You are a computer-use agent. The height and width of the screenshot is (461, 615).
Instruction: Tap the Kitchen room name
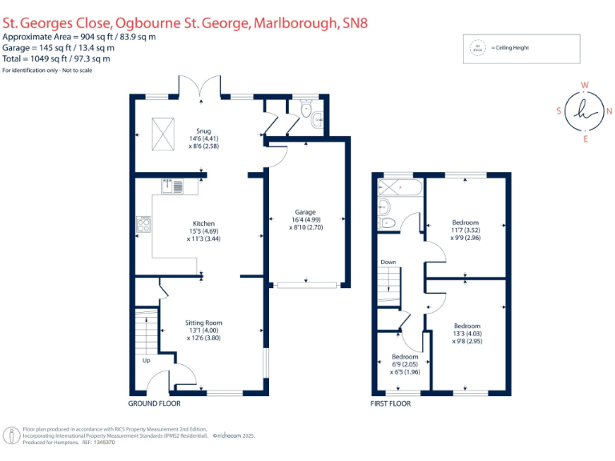pyautogui.click(x=203, y=223)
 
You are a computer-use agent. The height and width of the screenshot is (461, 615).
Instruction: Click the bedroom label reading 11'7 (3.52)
pyautogui.click(x=465, y=222)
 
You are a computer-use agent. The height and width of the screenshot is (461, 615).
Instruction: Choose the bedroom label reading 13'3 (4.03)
pyautogui.click(x=467, y=326)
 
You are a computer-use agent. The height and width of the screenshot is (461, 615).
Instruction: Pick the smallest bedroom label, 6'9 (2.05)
pyautogui.click(x=404, y=357)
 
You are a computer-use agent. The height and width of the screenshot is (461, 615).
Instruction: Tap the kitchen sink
pyautogui.click(x=171, y=186)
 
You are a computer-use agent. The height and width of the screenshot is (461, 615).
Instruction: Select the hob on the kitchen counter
pyautogui.click(x=144, y=223)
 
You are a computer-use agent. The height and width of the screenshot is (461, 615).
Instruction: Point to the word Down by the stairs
pyautogui.click(x=388, y=262)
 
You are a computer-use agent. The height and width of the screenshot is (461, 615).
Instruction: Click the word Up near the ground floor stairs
pyautogui.click(x=146, y=360)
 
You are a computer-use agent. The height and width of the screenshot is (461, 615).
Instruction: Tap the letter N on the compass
pyautogui.click(x=609, y=111)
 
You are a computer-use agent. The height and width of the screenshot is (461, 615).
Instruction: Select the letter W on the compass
pyautogui.click(x=585, y=84)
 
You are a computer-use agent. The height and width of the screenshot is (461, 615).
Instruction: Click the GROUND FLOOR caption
pyautogui.click(x=155, y=403)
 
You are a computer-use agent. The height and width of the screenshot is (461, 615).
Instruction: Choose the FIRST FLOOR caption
pyautogui.click(x=392, y=403)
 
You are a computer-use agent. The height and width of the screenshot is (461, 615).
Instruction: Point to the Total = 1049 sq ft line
pyautogui.click(x=56, y=58)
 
